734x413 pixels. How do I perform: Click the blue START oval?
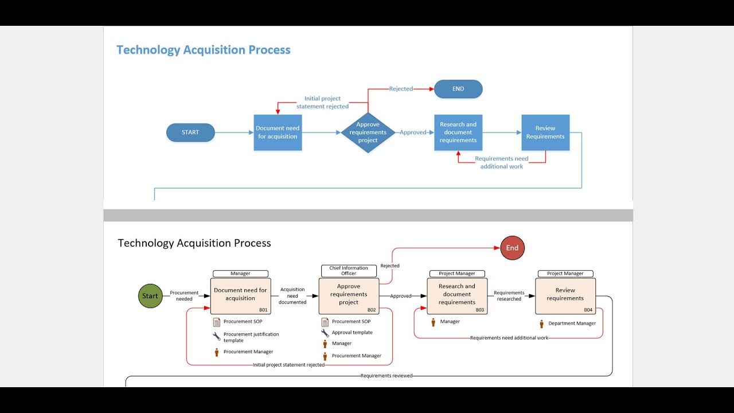(190, 133)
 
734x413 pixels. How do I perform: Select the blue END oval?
(458, 89)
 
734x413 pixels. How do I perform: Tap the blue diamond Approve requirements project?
(368, 133)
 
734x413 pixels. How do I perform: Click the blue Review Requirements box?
(545, 133)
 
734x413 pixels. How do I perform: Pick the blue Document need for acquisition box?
(278, 133)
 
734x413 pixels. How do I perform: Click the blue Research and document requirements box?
(458, 133)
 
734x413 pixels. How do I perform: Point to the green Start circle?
(150, 296)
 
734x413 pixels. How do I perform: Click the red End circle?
(512, 248)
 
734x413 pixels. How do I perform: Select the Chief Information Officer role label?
(349, 271)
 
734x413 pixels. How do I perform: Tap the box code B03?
(479, 310)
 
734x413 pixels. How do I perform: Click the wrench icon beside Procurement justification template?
(216, 337)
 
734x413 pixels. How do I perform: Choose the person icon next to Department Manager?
(541, 324)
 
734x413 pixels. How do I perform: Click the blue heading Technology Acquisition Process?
(204, 50)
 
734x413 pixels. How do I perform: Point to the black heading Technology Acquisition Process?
(194, 243)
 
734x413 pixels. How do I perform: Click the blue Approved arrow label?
(413, 133)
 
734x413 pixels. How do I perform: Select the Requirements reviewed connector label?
(386, 376)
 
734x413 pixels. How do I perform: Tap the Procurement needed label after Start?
(184, 296)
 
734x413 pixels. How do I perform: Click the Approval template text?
(352, 333)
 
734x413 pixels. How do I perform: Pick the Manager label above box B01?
(240, 274)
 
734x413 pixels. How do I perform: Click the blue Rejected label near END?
(401, 89)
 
